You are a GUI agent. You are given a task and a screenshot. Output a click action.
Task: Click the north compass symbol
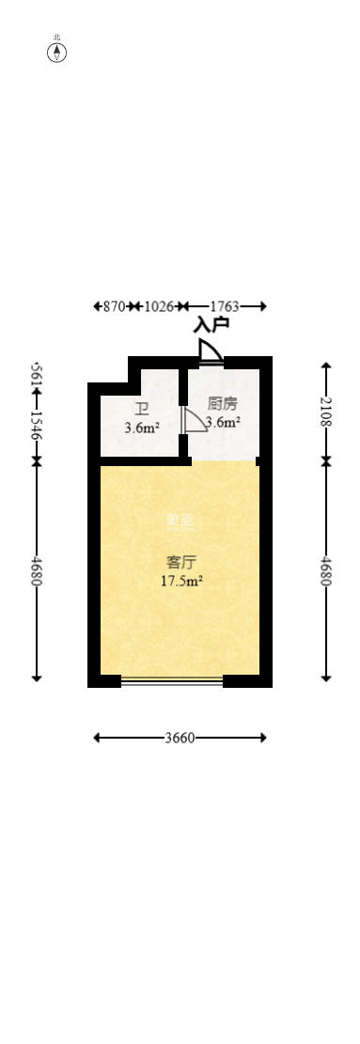tap(57, 52)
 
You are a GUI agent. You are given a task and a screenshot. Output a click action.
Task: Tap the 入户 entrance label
tap(211, 325)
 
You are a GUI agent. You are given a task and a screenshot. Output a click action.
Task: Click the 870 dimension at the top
tap(114, 306)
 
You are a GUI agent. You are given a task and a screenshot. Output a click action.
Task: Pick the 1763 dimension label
tap(225, 306)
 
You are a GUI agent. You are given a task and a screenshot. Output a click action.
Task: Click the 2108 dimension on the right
tap(326, 412)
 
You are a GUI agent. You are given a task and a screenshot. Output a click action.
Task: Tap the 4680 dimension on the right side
tap(326, 570)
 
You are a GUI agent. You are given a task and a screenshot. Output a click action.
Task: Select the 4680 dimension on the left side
tap(37, 570)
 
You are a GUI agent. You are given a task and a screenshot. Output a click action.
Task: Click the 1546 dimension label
tap(37, 426)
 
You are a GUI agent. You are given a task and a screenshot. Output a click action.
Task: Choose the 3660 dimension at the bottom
tap(180, 738)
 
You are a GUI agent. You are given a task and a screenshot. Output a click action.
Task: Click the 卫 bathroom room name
tap(141, 409)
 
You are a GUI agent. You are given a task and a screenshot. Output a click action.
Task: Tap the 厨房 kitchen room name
tap(222, 405)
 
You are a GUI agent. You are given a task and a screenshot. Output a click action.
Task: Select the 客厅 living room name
tap(180, 563)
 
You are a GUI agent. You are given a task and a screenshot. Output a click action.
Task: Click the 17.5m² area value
tap(181, 581)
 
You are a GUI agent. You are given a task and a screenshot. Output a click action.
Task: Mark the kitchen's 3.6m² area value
tap(224, 423)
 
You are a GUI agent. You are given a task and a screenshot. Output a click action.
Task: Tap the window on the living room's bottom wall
tap(172, 681)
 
